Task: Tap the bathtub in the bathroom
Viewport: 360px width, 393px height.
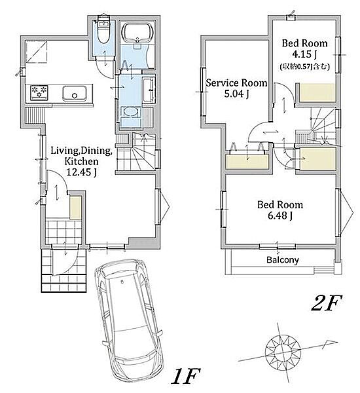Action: click(137, 32)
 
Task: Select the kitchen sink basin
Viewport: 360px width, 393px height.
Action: click(75, 94)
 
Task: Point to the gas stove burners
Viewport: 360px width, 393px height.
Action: click(39, 92)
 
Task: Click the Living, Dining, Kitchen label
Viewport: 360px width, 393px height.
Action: click(81, 156)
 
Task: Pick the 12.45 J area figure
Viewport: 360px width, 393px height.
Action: click(81, 172)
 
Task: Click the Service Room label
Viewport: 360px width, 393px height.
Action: click(236, 83)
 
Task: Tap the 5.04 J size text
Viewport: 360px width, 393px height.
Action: click(236, 94)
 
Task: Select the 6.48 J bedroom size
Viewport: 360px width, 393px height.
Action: click(280, 215)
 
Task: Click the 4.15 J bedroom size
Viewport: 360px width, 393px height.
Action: click(305, 54)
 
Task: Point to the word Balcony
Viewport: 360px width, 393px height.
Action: click(282, 260)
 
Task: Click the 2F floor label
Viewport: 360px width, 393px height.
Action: click(327, 303)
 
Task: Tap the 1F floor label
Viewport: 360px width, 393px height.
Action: click(185, 376)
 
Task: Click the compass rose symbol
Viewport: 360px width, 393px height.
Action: click(283, 350)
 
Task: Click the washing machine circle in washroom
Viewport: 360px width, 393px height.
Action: click(131, 111)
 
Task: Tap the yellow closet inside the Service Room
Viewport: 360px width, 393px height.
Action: click(247, 161)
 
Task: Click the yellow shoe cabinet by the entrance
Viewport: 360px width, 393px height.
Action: click(75, 208)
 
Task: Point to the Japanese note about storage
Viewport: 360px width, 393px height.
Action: click(304, 66)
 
